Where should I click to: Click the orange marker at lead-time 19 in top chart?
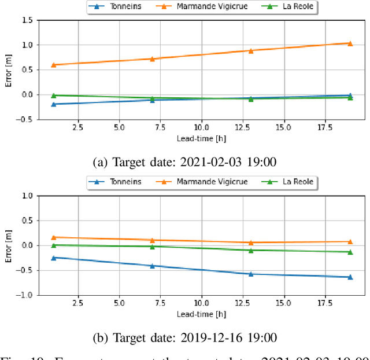point(350,43)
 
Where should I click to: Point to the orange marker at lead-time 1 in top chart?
point(54,65)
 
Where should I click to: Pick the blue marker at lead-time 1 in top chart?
point(54,104)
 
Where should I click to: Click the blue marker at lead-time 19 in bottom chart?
point(350,277)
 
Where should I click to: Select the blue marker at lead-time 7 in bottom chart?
point(153,266)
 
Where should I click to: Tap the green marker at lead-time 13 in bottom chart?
point(251,251)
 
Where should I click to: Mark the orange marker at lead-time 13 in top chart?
point(251,51)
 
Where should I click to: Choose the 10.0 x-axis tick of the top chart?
point(202,127)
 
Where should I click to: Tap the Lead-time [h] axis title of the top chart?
point(202,138)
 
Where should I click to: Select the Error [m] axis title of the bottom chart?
point(8,245)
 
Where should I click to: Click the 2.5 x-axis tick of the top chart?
point(79,127)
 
